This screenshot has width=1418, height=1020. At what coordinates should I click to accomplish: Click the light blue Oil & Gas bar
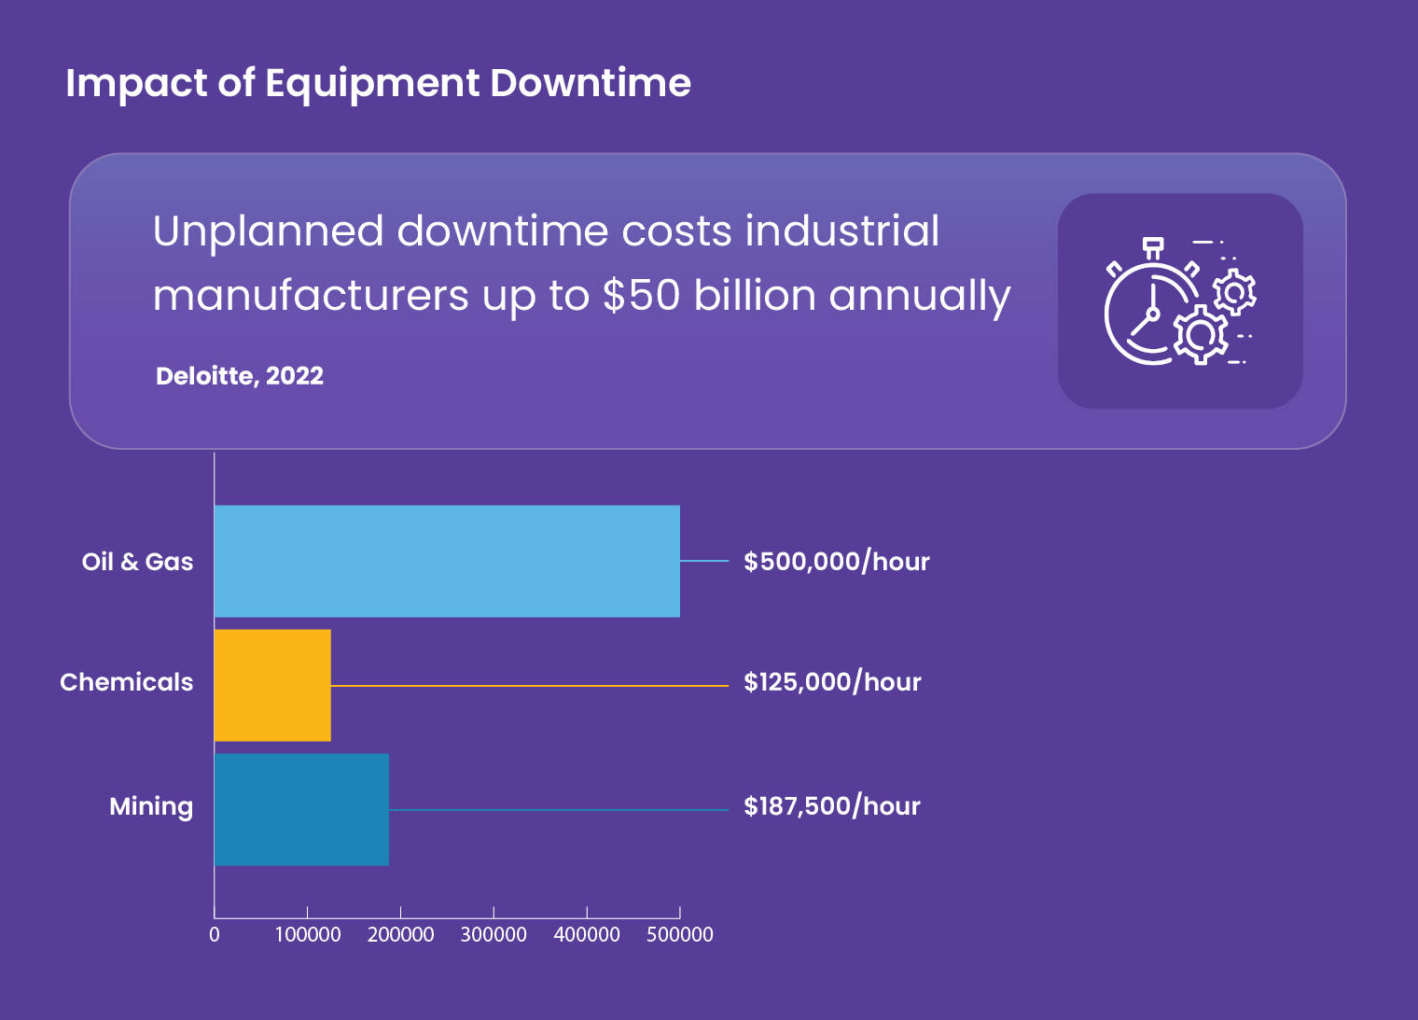pyautogui.click(x=447, y=561)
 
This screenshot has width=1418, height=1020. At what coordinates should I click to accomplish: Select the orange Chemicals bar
pyautogui.click(x=272, y=685)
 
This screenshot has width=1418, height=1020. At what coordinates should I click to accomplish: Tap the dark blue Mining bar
pyautogui.click(x=301, y=809)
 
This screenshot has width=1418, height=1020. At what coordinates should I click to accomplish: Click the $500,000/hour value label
pyautogui.click(x=836, y=562)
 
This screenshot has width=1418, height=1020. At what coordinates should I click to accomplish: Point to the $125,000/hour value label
pyautogui.click(x=832, y=682)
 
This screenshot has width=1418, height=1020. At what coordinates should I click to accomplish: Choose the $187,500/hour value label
pyautogui.click(x=831, y=806)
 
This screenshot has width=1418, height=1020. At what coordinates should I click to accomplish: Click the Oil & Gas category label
pyautogui.click(x=137, y=562)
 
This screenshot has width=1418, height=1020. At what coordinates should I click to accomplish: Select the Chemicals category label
pyautogui.click(x=127, y=682)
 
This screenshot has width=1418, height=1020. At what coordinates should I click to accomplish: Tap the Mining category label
pyautogui.click(x=151, y=806)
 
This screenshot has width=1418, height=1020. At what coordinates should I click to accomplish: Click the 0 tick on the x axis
pyautogui.click(x=215, y=934)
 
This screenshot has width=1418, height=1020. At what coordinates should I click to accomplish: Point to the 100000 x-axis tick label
pyautogui.click(x=308, y=934)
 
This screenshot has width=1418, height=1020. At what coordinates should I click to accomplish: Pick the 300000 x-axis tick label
pyautogui.click(x=494, y=934)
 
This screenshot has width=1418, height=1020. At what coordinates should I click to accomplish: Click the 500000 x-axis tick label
pyautogui.click(x=680, y=934)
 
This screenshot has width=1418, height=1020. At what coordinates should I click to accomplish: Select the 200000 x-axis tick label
pyautogui.click(x=400, y=934)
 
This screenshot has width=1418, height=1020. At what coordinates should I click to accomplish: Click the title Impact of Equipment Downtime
pyautogui.click(x=378, y=83)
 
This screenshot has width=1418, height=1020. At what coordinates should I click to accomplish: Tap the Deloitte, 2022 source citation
pyautogui.click(x=240, y=376)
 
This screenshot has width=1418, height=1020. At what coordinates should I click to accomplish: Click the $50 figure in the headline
pyautogui.click(x=642, y=296)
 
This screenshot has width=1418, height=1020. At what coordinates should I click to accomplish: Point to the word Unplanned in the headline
pyautogui.click(x=268, y=231)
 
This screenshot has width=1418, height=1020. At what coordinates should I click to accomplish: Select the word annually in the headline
pyautogui.click(x=919, y=297)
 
